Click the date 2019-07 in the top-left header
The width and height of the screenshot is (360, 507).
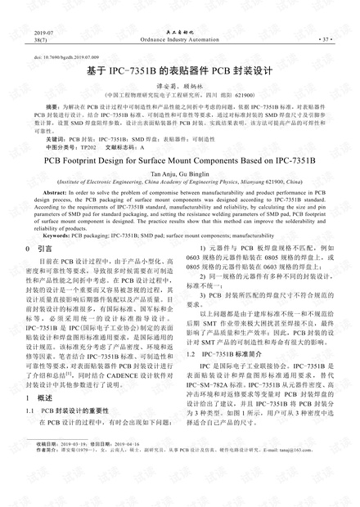click(38, 31)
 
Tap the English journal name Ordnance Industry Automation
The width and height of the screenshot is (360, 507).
click(179, 38)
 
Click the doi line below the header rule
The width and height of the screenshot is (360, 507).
click(61, 59)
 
